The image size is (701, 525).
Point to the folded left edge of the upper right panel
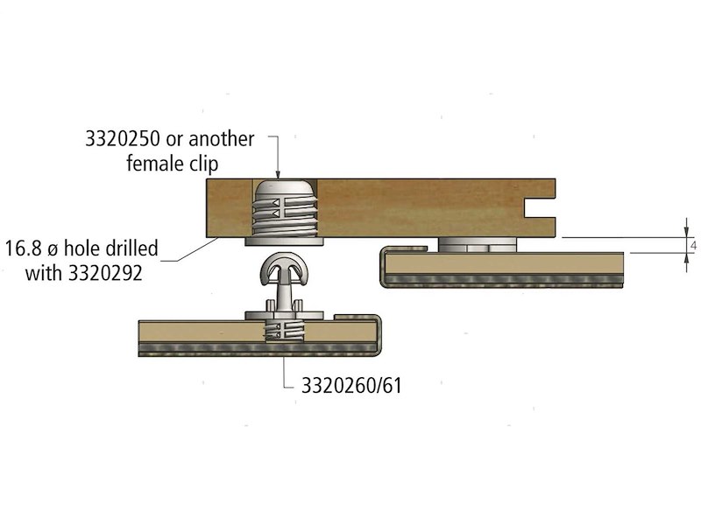[383, 267]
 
